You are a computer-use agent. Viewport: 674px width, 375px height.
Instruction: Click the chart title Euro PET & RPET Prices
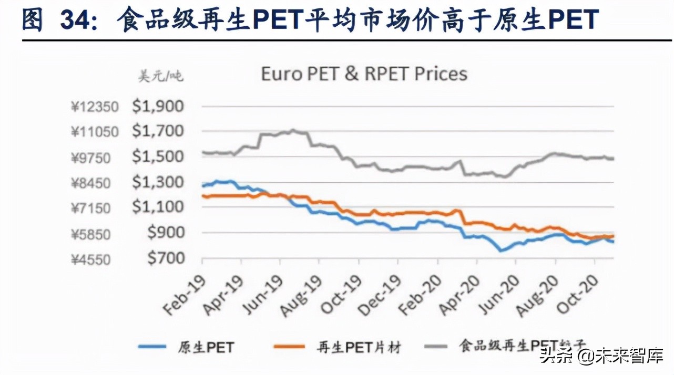pos(364,74)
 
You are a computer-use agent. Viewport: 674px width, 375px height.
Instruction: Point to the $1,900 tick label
pos(158,107)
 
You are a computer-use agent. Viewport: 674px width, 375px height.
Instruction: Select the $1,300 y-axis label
pos(158,183)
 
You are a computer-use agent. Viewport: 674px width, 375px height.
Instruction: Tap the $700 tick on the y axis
pos(165,258)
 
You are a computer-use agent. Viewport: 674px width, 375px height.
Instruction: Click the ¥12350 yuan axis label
pos(95,107)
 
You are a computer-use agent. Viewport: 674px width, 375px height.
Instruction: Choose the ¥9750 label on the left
pos(98,158)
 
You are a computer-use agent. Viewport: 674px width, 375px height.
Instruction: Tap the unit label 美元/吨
pos(160,77)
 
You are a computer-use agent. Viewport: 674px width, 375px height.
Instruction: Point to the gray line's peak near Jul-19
pos(293,130)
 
